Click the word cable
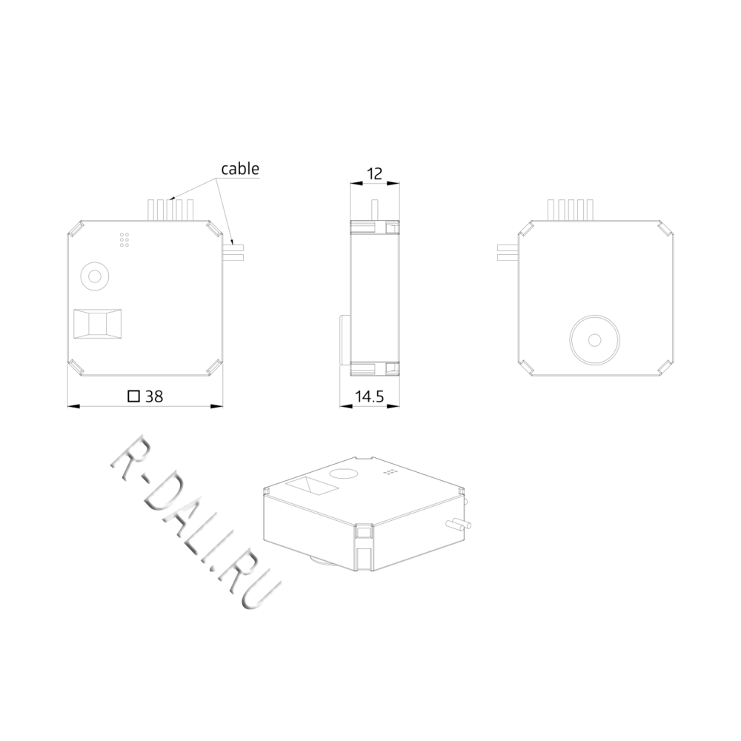click(x=240, y=169)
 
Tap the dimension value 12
click(x=374, y=174)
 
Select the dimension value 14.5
click(x=370, y=396)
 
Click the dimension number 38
click(x=154, y=396)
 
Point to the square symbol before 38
click(x=134, y=396)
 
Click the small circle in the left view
click(x=95, y=276)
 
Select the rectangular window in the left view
click(x=98, y=324)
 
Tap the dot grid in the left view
click(x=124, y=239)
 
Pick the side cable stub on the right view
click(x=508, y=253)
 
